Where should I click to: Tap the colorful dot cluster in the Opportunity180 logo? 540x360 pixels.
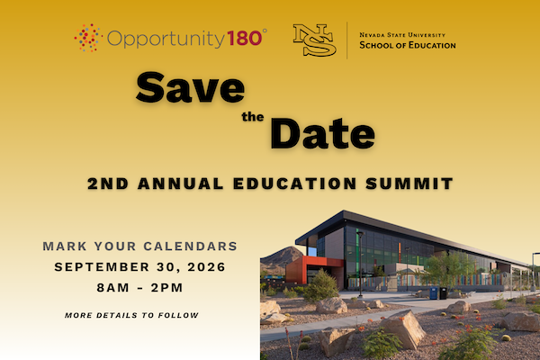coord(88,38)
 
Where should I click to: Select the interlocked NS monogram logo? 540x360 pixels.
coord(314,40)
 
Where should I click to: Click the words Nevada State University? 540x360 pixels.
coord(402,35)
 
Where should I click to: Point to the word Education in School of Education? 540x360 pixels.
coord(432,45)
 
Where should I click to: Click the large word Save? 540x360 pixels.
coord(191,87)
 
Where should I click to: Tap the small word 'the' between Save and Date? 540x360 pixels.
coord(253,117)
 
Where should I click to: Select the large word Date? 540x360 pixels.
coord(323,133)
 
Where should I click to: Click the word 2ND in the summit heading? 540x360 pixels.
coord(108,184)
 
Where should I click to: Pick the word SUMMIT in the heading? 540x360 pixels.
coord(409,184)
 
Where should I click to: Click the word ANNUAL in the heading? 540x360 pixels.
coord(181,184)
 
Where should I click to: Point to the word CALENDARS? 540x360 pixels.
coord(191,247)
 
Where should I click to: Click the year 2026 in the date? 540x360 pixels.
coord(207,267)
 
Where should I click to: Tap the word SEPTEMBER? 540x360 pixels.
coord(102,267)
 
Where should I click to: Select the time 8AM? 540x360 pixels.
coord(113,288)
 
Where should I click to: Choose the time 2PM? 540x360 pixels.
coord(166,288)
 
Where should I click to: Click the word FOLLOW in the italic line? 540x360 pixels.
coord(178,315)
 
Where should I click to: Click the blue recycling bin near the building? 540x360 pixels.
coord(434,292)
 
